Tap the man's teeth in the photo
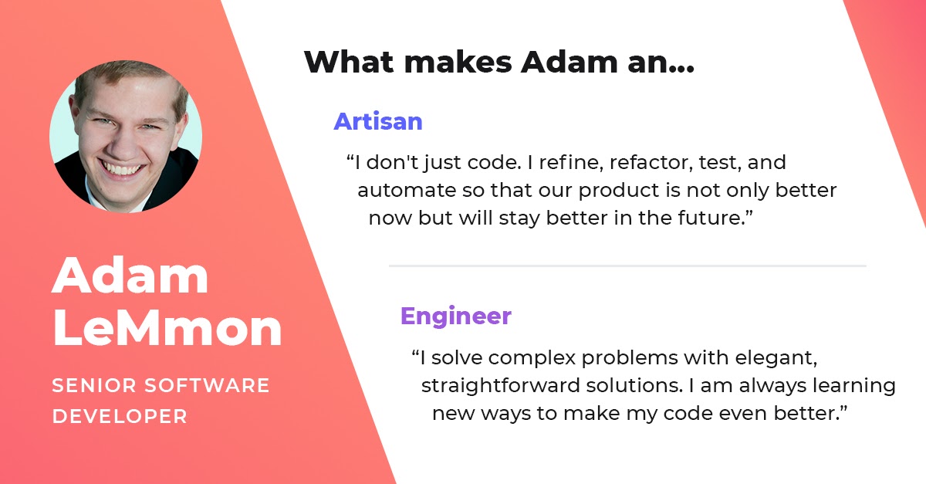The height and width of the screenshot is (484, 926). [123, 167]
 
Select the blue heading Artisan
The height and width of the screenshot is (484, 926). [378, 121]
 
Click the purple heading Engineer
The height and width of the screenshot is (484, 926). [455, 316]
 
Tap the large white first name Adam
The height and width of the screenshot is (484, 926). [130, 276]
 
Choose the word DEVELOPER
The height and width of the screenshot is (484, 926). [120, 416]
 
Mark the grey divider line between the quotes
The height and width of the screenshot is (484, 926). [627, 266]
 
